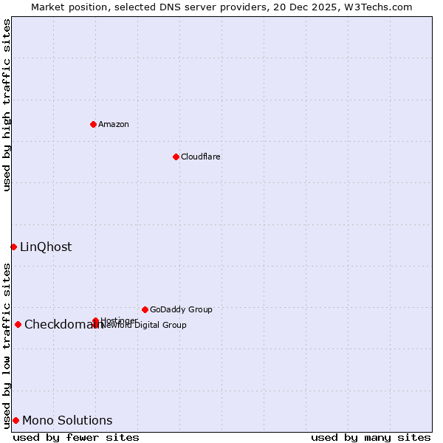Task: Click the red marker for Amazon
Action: coord(93,124)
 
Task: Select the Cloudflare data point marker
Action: coord(176,157)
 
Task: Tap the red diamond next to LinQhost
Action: coord(13,247)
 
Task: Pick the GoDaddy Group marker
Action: coord(145,309)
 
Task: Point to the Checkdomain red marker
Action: coord(18,324)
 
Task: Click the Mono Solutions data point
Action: coord(16,420)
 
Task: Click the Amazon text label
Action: coord(114,124)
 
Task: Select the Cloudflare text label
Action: coord(201,157)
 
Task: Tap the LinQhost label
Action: coord(46,247)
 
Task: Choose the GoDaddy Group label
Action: coord(181,309)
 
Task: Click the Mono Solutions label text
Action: coord(67,420)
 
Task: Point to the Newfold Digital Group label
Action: coord(144,325)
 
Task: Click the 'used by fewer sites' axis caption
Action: coord(76,437)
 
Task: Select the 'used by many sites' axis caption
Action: coord(371,437)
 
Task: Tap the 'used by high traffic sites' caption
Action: coord(7,105)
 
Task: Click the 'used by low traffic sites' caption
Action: coord(7,346)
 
